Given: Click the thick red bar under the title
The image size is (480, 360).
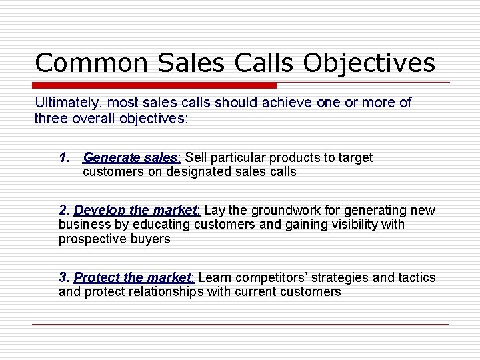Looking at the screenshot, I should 155,85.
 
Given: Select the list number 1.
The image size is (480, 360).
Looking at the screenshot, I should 64,158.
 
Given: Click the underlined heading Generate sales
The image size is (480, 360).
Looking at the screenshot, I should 131,158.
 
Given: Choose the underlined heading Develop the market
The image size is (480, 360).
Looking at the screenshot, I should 136,211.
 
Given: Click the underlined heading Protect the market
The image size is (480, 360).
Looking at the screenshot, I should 133,277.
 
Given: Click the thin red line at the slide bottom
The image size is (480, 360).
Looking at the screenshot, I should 240,325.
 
